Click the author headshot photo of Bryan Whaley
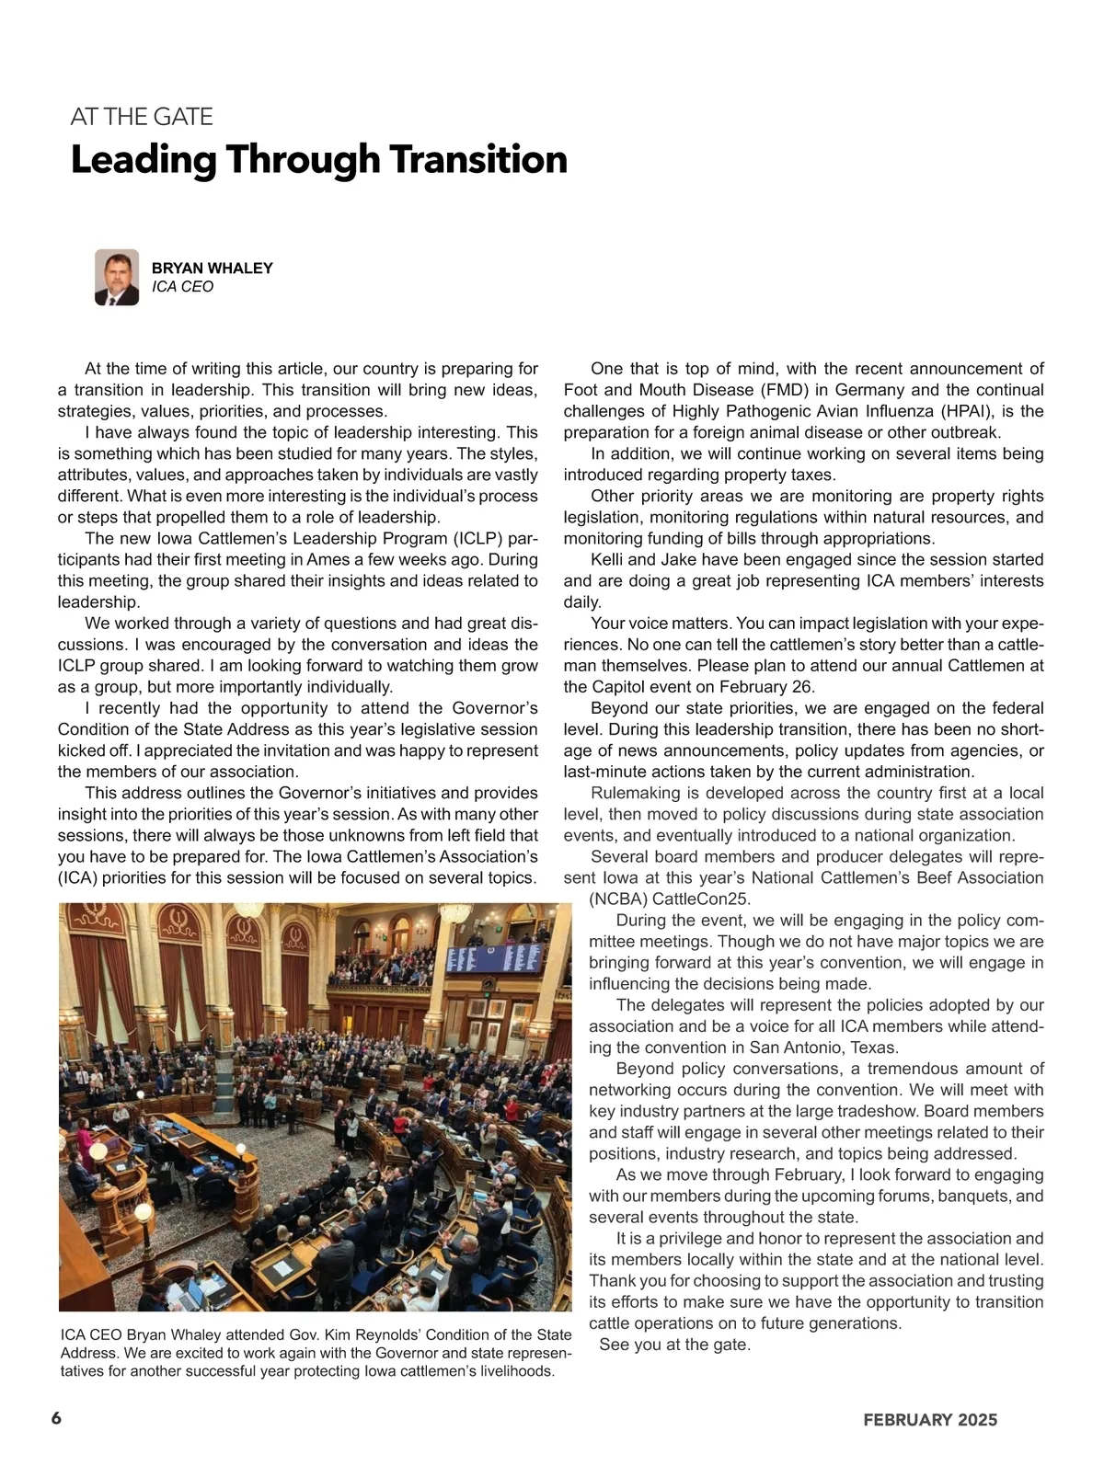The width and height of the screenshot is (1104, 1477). coord(117,277)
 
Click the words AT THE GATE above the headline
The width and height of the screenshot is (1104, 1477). coord(142,117)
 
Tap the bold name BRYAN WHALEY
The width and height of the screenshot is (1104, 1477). coord(212,268)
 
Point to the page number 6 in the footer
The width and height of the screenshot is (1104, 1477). coord(56,1417)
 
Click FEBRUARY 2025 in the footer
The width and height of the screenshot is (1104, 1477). coord(930,1420)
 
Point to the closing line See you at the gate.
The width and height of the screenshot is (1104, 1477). coord(674,1345)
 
